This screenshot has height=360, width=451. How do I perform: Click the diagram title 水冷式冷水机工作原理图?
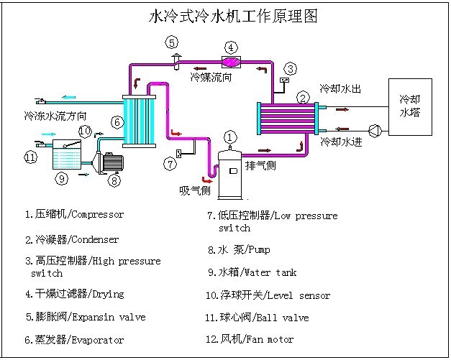pos(232,15)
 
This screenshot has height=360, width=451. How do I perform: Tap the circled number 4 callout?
pos(231,47)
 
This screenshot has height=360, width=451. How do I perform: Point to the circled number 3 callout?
pos(289,69)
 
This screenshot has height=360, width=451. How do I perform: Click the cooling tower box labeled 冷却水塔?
pos(410,107)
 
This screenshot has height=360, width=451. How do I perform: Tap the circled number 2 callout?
pos(304,97)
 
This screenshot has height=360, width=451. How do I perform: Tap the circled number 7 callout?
pos(170,164)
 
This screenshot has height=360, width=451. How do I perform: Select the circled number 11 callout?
pos(30,157)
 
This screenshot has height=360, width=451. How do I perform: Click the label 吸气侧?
pos(194,190)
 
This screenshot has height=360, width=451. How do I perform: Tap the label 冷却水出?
pos(340,89)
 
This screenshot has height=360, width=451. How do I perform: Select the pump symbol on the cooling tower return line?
pos(373,131)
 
